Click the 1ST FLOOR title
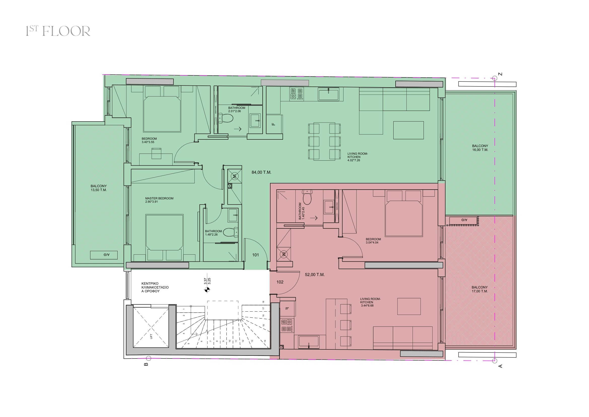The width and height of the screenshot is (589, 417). point(58,31)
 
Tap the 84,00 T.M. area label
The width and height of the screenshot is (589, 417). point(261,172)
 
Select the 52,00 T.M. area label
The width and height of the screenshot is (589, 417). point(315,275)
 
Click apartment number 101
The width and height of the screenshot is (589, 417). point(256,255)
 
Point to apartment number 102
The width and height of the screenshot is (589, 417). point(280,282)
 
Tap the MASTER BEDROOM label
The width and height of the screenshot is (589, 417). point(159,198)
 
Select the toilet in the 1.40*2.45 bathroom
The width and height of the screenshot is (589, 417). point(307,196)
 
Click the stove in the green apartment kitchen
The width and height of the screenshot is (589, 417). point(297,94)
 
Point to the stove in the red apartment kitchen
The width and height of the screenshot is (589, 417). point(287,325)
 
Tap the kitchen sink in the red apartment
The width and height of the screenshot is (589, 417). point(309,342)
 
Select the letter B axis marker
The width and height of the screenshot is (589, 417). point(146,364)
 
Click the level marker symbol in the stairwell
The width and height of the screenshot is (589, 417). point(207,290)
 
